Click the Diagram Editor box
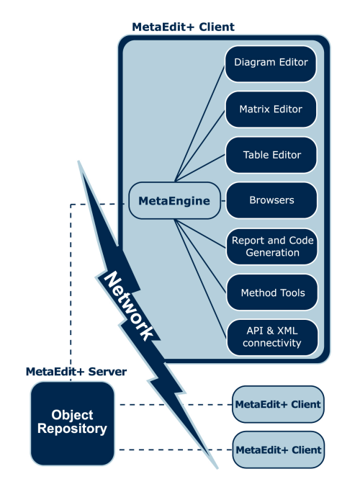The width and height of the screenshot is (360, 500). pyautogui.click(x=271, y=63)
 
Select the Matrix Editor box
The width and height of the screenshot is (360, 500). pyautogui.click(x=271, y=110)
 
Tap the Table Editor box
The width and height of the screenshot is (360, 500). pyautogui.click(x=271, y=155)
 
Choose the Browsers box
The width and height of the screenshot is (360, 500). pyautogui.click(x=271, y=201)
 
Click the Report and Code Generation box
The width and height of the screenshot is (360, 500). pyautogui.click(x=271, y=246)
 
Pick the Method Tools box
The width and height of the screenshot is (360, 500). pyautogui.click(x=271, y=293)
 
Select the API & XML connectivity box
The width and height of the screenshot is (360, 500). pyautogui.click(x=271, y=337)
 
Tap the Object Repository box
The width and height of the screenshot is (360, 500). pyautogui.click(x=73, y=423)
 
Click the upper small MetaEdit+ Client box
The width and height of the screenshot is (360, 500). pyautogui.click(x=278, y=404)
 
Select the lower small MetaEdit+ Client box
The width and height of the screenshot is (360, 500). pyautogui.click(x=278, y=450)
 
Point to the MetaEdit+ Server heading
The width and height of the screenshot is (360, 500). pyautogui.click(x=76, y=372)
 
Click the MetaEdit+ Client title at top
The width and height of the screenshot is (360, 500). pyautogui.click(x=183, y=27)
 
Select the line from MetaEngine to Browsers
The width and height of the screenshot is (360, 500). pyautogui.click(x=222, y=201)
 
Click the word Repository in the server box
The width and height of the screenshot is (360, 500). pyautogui.click(x=73, y=430)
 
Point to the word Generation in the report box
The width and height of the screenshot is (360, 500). pyautogui.click(x=271, y=253)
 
